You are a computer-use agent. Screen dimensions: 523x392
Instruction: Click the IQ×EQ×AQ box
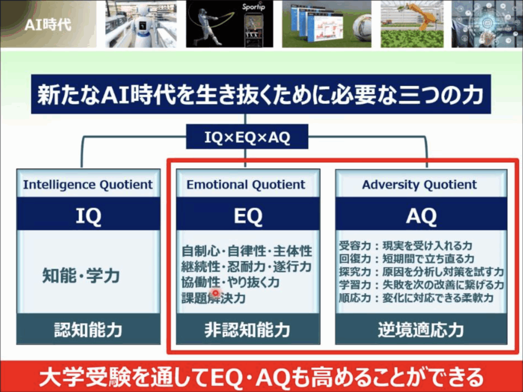click(247, 137)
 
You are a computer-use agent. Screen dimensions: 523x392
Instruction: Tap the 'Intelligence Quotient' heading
click(88, 184)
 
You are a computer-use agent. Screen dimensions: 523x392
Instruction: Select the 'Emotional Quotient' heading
click(246, 184)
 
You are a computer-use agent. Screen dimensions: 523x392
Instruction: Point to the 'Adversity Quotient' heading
click(420, 184)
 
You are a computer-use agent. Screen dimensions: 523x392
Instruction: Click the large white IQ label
click(88, 216)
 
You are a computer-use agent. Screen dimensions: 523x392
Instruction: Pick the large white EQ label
click(248, 216)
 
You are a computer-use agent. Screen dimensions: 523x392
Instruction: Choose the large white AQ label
click(421, 216)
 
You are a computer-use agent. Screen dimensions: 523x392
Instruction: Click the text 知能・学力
click(81, 276)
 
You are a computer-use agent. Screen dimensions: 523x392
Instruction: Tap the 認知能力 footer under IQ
click(88, 330)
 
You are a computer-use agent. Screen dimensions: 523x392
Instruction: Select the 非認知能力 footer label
click(247, 330)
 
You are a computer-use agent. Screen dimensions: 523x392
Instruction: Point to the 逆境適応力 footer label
click(421, 330)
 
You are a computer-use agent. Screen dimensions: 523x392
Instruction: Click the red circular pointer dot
click(216, 293)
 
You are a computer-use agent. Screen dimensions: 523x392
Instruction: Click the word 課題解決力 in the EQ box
click(213, 298)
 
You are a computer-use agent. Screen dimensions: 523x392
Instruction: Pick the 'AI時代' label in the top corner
click(48, 24)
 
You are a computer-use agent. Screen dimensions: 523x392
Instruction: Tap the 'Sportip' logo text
click(253, 7)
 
